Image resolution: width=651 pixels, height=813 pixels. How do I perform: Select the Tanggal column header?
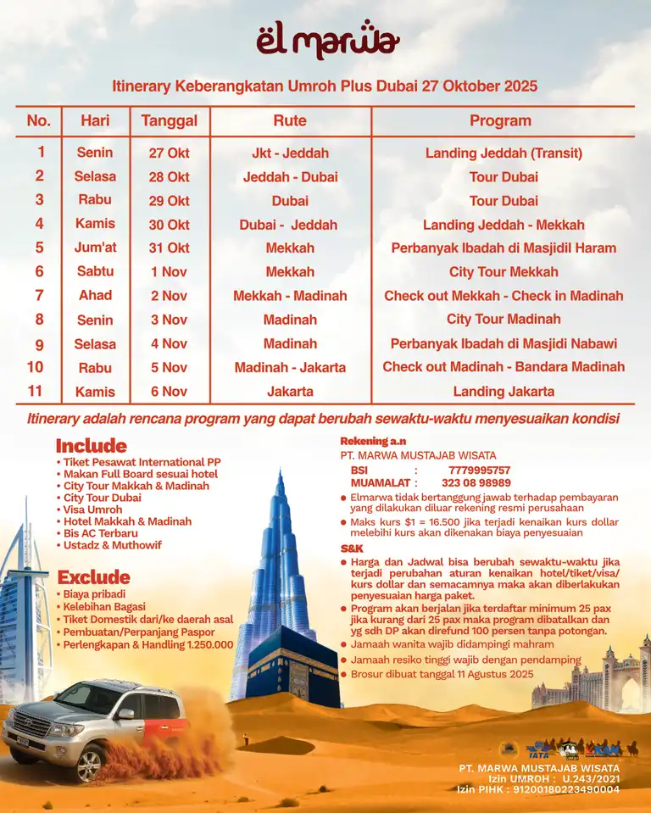pos(169,120)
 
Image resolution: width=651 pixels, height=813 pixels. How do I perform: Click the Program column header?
pos(500,120)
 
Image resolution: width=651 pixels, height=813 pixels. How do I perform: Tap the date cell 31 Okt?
pos(169,248)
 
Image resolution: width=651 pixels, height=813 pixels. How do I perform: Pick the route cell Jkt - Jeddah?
pos(290,153)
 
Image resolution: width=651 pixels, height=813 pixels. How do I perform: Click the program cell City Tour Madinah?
pos(504,320)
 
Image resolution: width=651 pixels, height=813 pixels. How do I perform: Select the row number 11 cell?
pos(35,392)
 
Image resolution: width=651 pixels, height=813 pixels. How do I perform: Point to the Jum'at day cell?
pos(95,248)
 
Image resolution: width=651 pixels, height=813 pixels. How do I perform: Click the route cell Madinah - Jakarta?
pos(290,368)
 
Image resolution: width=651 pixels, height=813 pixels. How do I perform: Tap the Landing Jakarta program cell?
pos(504,392)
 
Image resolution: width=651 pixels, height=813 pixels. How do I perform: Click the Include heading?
pos(91,446)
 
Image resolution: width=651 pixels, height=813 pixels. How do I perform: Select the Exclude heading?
pos(93,577)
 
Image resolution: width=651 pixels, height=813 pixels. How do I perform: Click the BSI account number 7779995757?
pos(479,471)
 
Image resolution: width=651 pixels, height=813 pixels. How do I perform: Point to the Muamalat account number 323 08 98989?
pos(476,483)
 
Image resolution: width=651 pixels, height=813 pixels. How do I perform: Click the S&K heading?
pos(352,548)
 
